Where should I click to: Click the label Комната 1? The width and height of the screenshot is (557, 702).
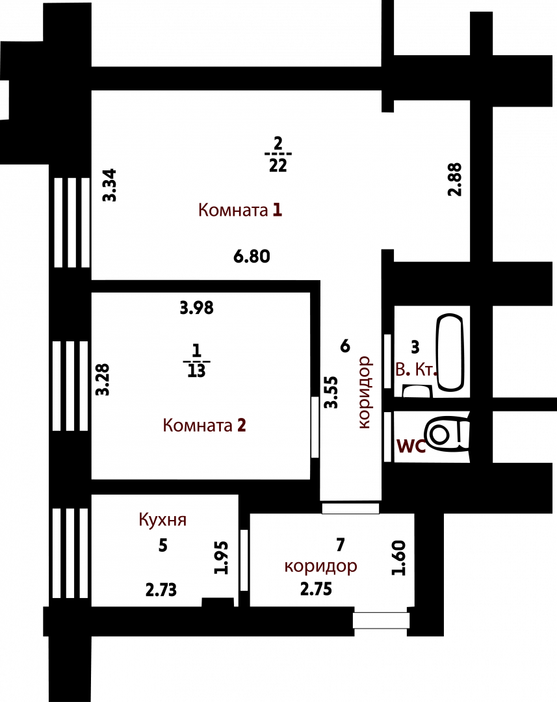pyautogui.click(x=240, y=209)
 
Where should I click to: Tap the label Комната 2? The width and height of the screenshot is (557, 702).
pyautogui.click(x=204, y=425)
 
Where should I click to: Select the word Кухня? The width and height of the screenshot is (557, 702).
pyautogui.click(x=162, y=520)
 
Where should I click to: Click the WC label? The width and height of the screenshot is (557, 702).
pyautogui.click(x=411, y=447)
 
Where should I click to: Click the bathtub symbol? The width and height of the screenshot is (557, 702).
pyautogui.click(x=450, y=352)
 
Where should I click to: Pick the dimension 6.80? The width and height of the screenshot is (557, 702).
pyautogui.click(x=252, y=257)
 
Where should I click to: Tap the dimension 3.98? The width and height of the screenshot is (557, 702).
pyautogui.click(x=196, y=308)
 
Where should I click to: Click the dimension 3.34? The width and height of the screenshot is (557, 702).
pyautogui.click(x=110, y=185)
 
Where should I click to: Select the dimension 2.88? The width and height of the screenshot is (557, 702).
pyautogui.click(x=455, y=179)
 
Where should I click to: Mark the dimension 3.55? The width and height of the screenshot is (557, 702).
pyautogui.click(x=331, y=392)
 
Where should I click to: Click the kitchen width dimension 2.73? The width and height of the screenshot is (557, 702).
pyautogui.click(x=161, y=590)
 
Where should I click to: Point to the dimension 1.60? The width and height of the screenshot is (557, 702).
pyautogui.click(x=398, y=558)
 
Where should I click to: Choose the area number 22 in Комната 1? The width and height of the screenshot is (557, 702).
pyautogui.click(x=278, y=166)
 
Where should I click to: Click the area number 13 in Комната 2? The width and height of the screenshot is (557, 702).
pyautogui.click(x=196, y=370)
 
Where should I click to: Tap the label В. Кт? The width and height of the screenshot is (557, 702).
pyautogui.click(x=415, y=370)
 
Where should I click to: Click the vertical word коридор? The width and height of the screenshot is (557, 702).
pyautogui.click(x=365, y=392)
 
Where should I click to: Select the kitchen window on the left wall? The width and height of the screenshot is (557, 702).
pyautogui.click(x=71, y=553)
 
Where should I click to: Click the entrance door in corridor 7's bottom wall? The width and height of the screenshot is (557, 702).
pyautogui.click(x=381, y=621)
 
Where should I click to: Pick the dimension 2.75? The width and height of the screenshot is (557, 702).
pyautogui.click(x=316, y=589)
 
